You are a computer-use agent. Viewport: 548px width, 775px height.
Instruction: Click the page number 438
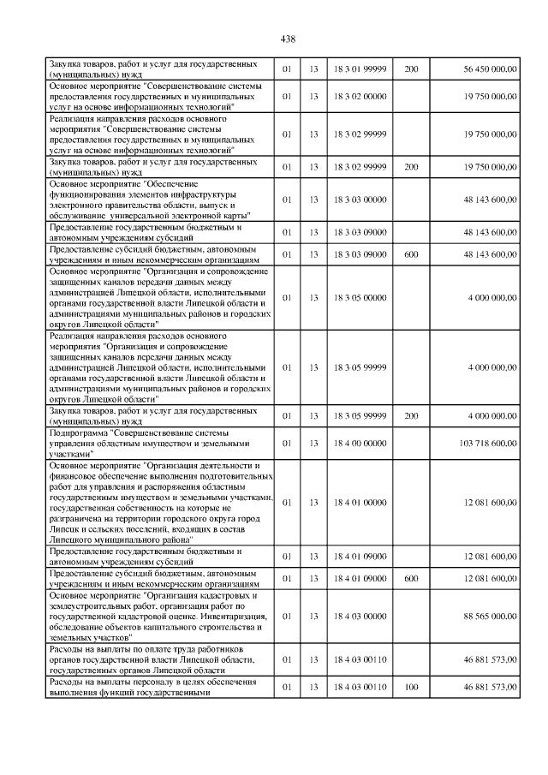coord(288,39)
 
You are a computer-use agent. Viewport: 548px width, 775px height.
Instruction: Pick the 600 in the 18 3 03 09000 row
coord(411,254)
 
